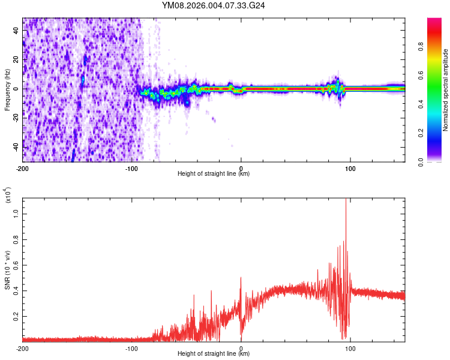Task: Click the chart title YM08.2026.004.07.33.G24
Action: coord(214,5)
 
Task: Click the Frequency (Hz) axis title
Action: coord(7,90)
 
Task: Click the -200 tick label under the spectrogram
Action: coord(23,168)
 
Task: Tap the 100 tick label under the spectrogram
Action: coord(350,168)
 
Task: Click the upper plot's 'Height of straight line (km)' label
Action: coord(214,174)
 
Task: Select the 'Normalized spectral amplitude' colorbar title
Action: coord(446,90)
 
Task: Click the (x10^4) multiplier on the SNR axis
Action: coord(8,195)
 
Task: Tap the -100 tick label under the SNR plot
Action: coord(131,349)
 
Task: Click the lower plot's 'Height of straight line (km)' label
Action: coord(214,355)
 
